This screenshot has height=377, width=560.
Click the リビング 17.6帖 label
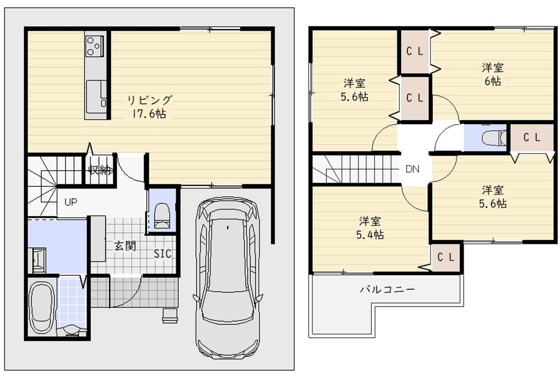tap(150, 107)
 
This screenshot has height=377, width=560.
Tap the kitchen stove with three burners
tap(95, 46)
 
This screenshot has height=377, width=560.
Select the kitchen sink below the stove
tap(96, 93)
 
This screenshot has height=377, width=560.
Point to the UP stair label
tap(71, 202)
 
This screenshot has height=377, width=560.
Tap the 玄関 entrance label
tap(125, 246)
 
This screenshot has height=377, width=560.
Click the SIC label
tap(162, 254)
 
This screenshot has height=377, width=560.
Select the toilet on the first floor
tap(162, 216)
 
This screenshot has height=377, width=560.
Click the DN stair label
tap(413, 169)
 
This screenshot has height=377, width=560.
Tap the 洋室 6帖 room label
tap(493, 74)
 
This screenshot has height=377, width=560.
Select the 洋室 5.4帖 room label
tap(370, 228)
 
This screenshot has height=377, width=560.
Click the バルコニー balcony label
tap(387, 289)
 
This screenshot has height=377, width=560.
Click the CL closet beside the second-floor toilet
tap(532, 137)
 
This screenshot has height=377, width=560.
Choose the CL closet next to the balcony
tap(446, 257)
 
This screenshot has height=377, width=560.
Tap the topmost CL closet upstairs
tap(414, 51)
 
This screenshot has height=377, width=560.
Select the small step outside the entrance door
tap(170, 315)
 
